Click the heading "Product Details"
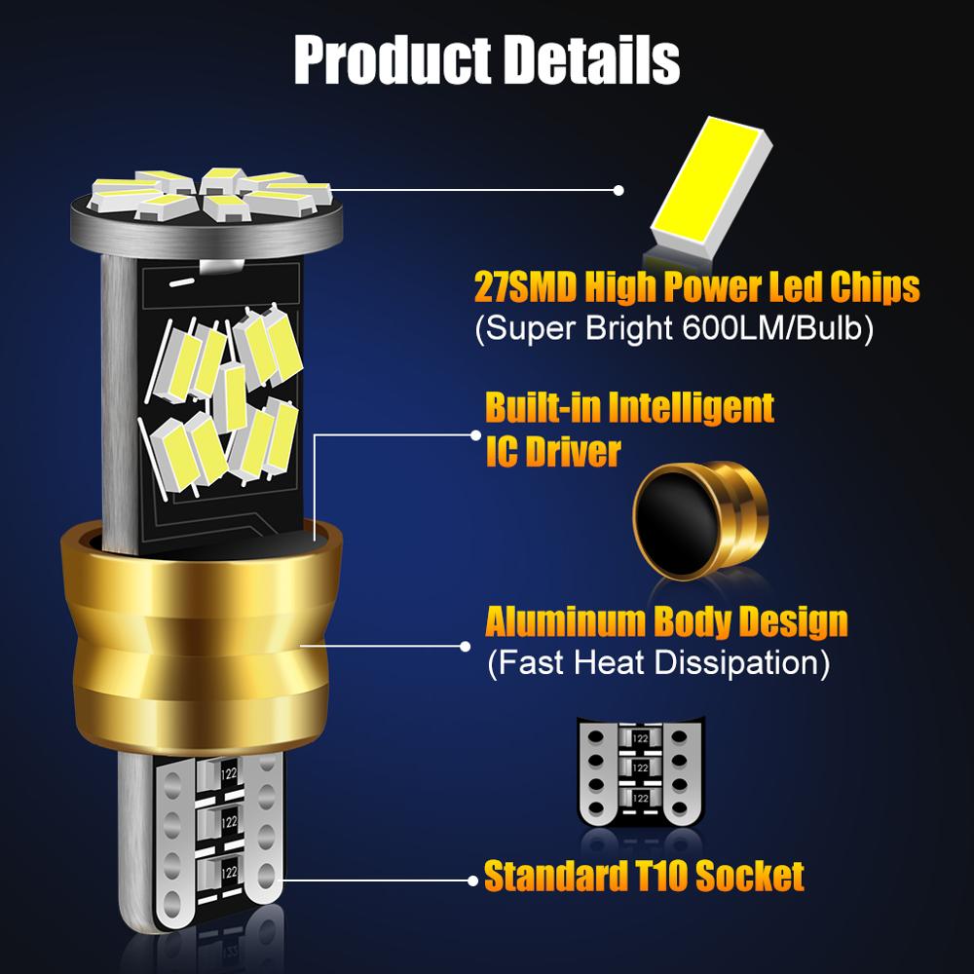(x=486, y=59)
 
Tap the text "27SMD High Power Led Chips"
(x=696, y=288)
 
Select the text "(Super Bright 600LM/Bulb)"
(x=673, y=329)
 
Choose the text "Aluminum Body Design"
(x=666, y=621)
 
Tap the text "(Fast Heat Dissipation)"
(x=657, y=664)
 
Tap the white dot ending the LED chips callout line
(x=618, y=191)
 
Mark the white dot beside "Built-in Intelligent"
(x=474, y=435)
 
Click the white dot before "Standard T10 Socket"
(x=474, y=876)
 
